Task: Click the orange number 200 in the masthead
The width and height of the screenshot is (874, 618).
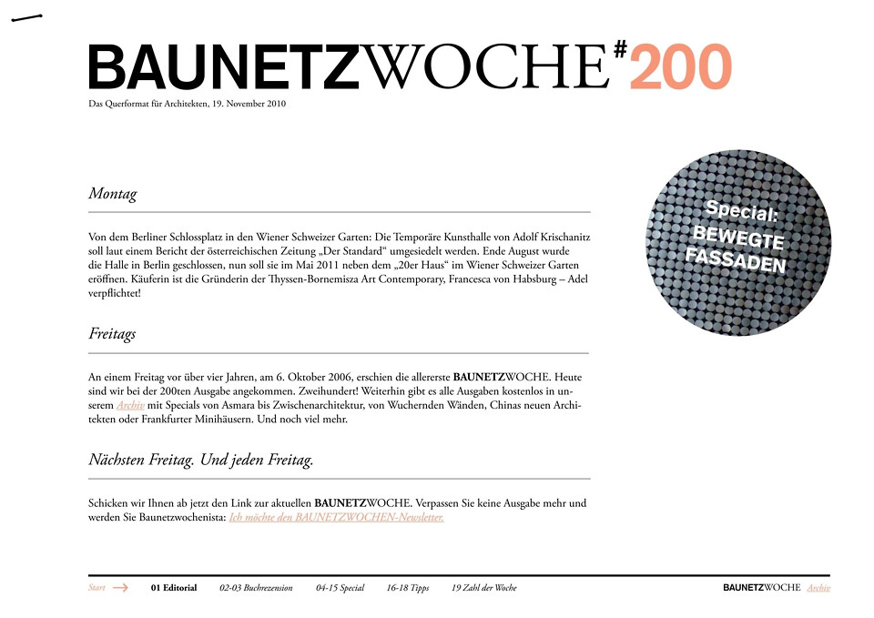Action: click(680, 67)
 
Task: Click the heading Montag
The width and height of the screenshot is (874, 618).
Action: click(112, 194)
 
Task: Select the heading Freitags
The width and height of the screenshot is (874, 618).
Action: click(112, 334)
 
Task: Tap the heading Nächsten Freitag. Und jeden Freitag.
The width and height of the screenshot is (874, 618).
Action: click(200, 461)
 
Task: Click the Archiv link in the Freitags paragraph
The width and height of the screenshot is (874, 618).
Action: click(130, 405)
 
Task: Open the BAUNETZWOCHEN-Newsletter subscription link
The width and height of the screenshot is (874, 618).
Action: click(336, 517)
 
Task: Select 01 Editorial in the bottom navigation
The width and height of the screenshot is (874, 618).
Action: click(174, 588)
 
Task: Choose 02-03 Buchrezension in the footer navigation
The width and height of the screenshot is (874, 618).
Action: click(256, 588)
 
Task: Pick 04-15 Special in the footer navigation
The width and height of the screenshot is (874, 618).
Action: click(340, 588)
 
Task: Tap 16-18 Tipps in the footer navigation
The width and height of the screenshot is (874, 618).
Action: click(407, 588)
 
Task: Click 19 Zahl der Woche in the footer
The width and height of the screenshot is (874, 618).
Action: click(483, 588)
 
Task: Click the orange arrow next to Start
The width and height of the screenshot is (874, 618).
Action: click(120, 588)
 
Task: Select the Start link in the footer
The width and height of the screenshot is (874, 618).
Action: click(97, 588)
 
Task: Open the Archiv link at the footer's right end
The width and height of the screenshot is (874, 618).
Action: click(818, 588)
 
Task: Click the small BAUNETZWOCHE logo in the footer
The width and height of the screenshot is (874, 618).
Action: click(761, 588)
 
